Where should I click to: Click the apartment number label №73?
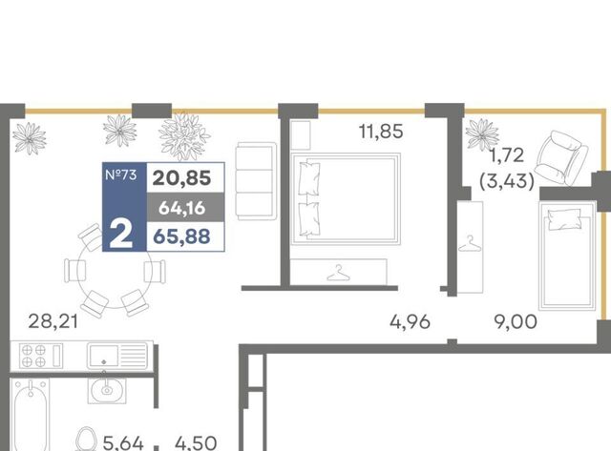point(121,174)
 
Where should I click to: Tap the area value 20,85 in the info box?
point(182,178)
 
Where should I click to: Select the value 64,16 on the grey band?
point(182,208)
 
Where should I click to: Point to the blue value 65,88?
point(182,236)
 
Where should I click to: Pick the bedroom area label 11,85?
point(381,132)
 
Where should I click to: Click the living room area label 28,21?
point(53,322)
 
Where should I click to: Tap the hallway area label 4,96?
point(410,322)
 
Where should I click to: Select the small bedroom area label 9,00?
point(516,322)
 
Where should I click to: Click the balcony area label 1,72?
point(507,155)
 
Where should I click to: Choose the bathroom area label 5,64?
point(123,443)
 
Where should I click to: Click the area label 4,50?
point(196,443)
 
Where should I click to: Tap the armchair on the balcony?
point(562,157)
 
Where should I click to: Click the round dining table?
point(115,271)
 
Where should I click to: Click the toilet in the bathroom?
point(86,440)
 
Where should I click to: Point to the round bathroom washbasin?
point(106,390)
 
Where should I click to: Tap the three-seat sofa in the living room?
point(256,181)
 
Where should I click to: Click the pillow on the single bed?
point(564,219)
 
